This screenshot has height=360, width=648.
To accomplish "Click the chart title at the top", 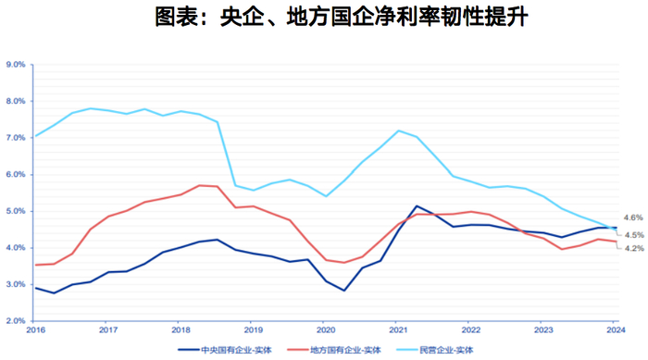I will [x=324, y=18].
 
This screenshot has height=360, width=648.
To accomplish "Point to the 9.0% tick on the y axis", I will [x=16, y=65].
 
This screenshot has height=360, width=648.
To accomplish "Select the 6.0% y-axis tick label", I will [x=16, y=174].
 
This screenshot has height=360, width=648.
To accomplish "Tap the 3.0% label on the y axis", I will [x=16, y=284].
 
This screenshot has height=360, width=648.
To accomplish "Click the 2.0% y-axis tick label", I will [x=16, y=320].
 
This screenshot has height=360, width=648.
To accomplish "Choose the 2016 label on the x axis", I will [x=35, y=329].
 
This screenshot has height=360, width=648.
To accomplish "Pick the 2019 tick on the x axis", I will [x=253, y=329].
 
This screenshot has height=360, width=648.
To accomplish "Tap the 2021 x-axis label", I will [x=398, y=329].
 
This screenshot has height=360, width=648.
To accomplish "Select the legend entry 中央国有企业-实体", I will [x=243, y=350].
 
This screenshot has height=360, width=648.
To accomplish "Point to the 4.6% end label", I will [x=633, y=217].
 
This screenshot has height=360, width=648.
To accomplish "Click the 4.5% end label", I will [x=633, y=234].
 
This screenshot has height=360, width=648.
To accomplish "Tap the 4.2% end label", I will [x=633, y=248].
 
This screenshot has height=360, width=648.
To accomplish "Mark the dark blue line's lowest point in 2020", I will [x=344, y=291].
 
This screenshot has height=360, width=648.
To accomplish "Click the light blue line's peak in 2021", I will [x=398, y=130].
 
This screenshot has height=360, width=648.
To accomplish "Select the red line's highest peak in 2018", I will [x=199, y=185].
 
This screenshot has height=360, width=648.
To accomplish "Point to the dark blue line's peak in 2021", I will [x=417, y=205].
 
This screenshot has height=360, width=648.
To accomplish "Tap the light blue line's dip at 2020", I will [x=326, y=196].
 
